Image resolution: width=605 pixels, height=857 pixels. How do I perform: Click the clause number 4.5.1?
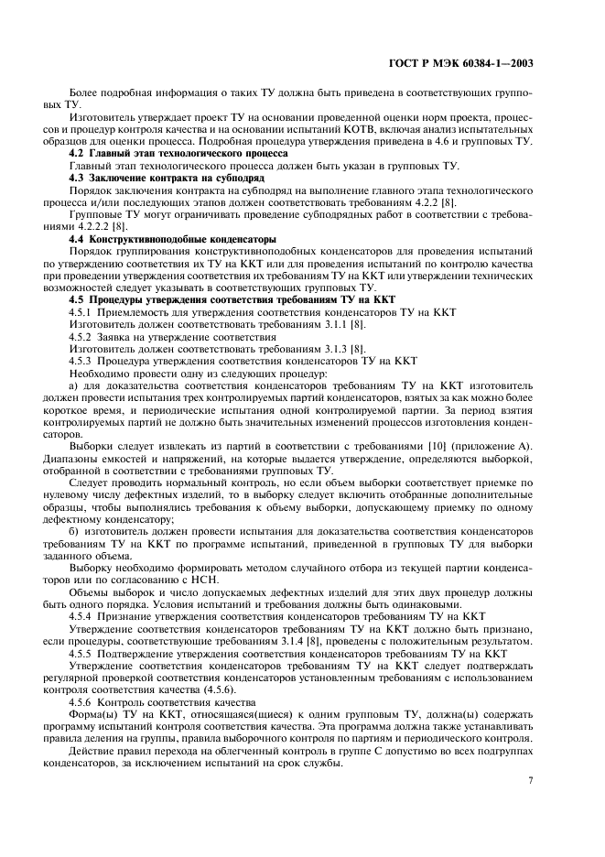click(x=84, y=312)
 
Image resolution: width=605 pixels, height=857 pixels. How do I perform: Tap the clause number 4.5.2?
click(x=84, y=337)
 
